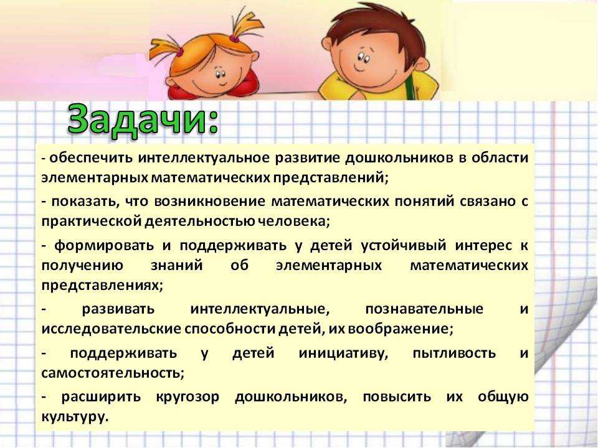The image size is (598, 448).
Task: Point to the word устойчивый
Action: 404,246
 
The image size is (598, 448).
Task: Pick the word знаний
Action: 176,265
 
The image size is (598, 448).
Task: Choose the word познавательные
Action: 424,309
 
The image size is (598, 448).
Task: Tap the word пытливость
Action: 454,353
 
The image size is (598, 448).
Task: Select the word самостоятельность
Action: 111,373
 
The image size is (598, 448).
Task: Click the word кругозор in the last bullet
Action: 187,398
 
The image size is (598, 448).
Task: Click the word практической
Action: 92,222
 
